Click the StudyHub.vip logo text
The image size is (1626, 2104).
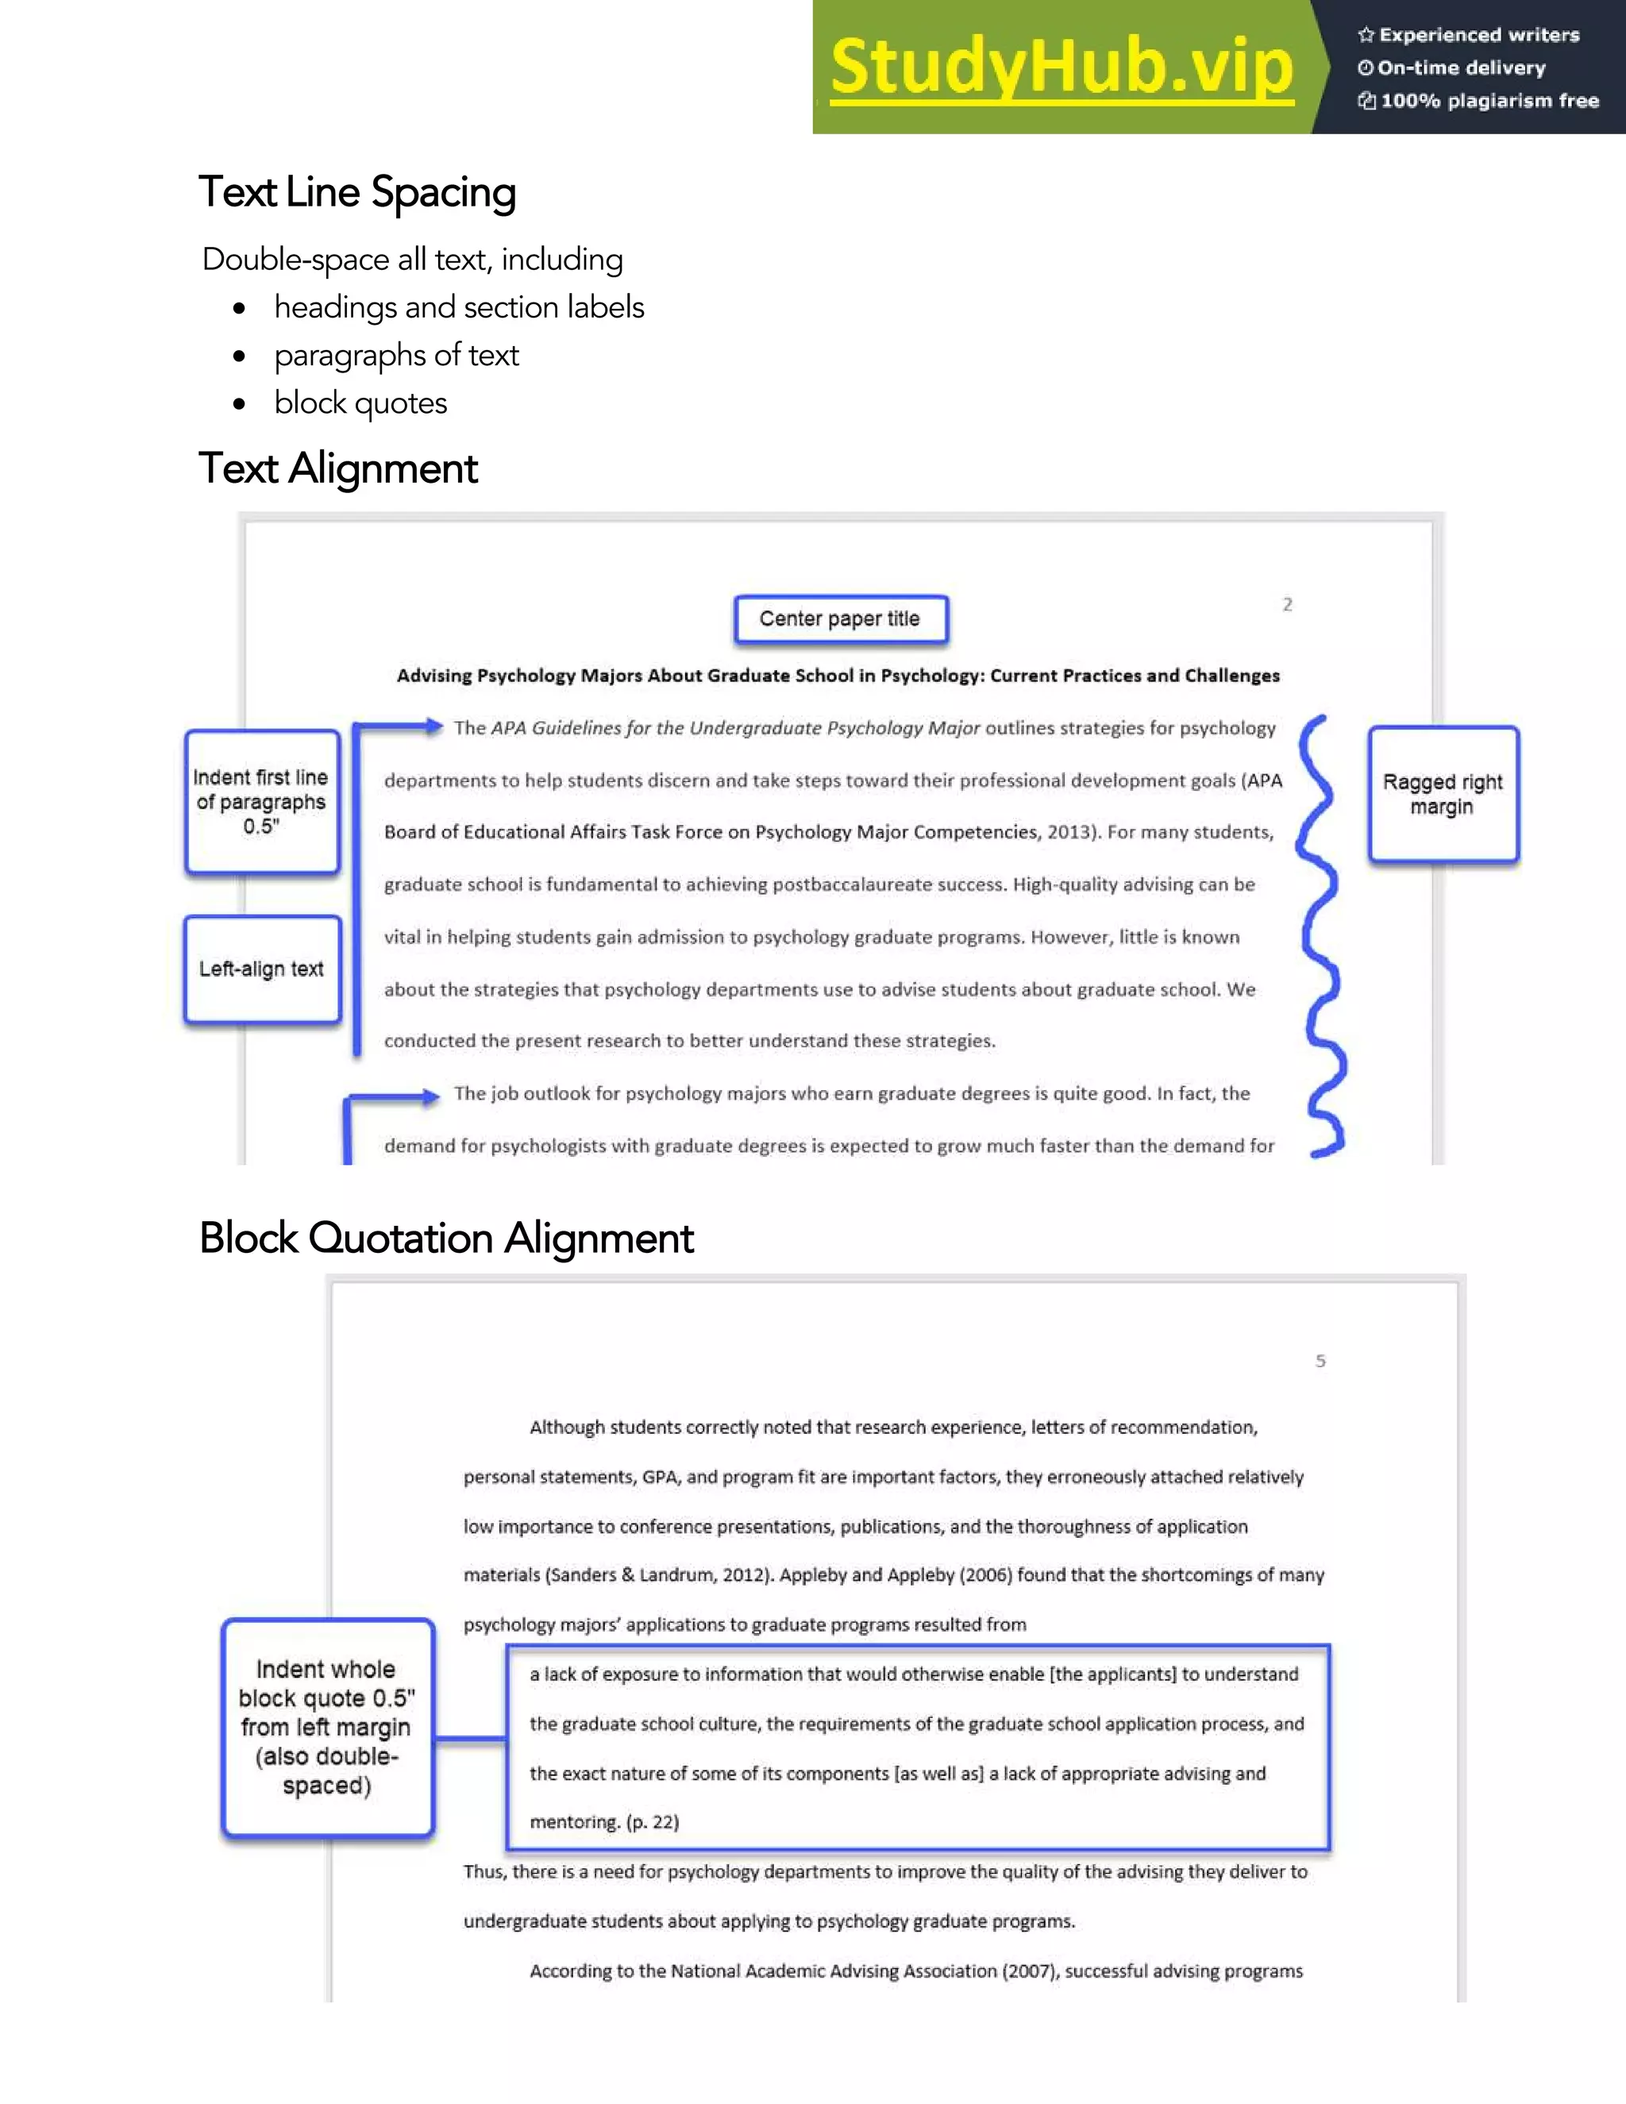[x=1061, y=67]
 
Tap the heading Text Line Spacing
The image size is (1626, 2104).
[x=357, y=191]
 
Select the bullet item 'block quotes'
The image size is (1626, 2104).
[x=360, y=403]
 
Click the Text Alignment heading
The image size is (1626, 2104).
[x=338, y=469]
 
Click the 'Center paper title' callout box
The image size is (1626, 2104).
[x=840, y=618]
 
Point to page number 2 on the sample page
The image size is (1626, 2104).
[x=1287, y=604]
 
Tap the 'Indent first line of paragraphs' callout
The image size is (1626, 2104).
[x=261, y=802]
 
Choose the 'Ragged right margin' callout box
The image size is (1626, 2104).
[x=1442, y=794]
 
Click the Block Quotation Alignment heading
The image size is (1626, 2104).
[x=446, y=1238]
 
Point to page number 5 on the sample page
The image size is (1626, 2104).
[x=1320, y=1360]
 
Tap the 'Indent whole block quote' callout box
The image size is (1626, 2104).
[x=326, y=1728]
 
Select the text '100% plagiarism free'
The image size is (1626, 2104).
[x=1489, y=101]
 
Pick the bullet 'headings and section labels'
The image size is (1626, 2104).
[x=459, y=307]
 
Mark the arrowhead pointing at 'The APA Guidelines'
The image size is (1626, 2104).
[x=433, y=726]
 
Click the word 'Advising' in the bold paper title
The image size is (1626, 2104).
[x=434, y=676]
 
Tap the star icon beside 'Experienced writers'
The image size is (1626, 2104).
[x=1366, y=36]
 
